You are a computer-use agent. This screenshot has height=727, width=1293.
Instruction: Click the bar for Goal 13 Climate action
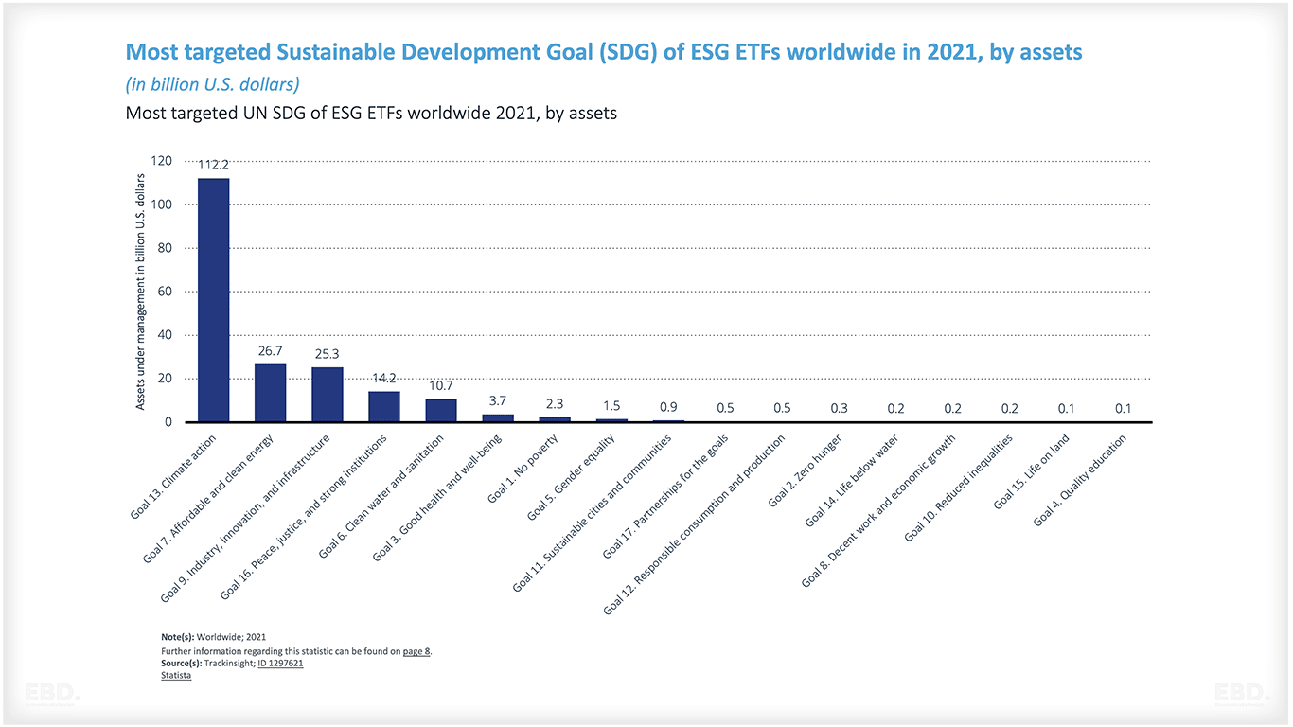pyautogui.click(x=213, y=300)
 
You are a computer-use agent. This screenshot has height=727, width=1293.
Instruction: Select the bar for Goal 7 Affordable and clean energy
pyautogui.click(x=270, y=393)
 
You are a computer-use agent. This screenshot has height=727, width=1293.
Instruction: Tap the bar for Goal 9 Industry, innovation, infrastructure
pyautogui.click(x=328, y=395)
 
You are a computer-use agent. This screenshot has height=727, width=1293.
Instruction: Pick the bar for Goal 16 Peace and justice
pyautogui.click(x=384, y=407)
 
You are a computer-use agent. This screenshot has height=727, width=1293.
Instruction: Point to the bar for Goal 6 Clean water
pyautogui.click(x=441, y=411)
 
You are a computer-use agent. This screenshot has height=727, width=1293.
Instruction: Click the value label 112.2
pyautogui.click(x=213, y=166)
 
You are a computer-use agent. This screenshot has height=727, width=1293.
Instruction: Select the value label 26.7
pyautogui.click(x=270, y=350)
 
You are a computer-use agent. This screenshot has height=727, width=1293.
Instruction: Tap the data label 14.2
pyautogui.click(x=384, y=378)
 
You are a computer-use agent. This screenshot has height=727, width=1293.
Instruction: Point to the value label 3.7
pyautogui.click(x=498, y=400)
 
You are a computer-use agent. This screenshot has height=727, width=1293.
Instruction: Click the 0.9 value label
pyautogui.click(x=668, y=407)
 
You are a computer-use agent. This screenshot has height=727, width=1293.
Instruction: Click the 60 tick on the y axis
pyautogui.click(x=165, y=292)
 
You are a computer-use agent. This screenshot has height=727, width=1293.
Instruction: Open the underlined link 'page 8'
pyautogui.click(x=416, y=651)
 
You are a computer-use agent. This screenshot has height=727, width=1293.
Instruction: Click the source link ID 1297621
pyautogui.click(x=280, y=664)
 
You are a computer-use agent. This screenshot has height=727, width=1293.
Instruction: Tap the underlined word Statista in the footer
pyautogui.click(x=176, y=675)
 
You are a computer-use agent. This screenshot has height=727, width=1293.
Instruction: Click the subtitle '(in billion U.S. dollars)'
pyautogui.click(x=213, y=84)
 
